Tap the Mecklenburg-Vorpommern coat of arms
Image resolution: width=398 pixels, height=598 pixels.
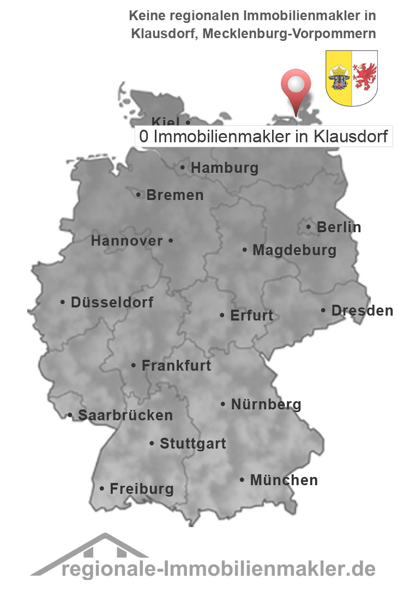(352, 77)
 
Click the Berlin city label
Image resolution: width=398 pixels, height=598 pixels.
(338, 227)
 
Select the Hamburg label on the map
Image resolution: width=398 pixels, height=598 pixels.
(224, 168)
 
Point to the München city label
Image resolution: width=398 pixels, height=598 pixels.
(283, 480)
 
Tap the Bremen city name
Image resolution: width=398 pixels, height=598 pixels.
(174, 195)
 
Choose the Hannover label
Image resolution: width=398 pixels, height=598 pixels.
(126, 240)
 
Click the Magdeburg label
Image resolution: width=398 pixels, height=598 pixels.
(294, 250)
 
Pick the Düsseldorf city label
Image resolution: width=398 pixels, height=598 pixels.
(112, 302)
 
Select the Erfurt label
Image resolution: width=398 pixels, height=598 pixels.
(251, 315)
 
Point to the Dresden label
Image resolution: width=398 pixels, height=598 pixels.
(361, 311)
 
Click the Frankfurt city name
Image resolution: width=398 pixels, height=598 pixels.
(176, 365)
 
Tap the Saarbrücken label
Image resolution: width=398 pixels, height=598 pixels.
(125, 415)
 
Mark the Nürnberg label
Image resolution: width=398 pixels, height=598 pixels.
(266, 404)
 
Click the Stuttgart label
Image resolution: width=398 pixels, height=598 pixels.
(192, 444)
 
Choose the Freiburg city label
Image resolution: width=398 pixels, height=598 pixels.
(141, 488)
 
